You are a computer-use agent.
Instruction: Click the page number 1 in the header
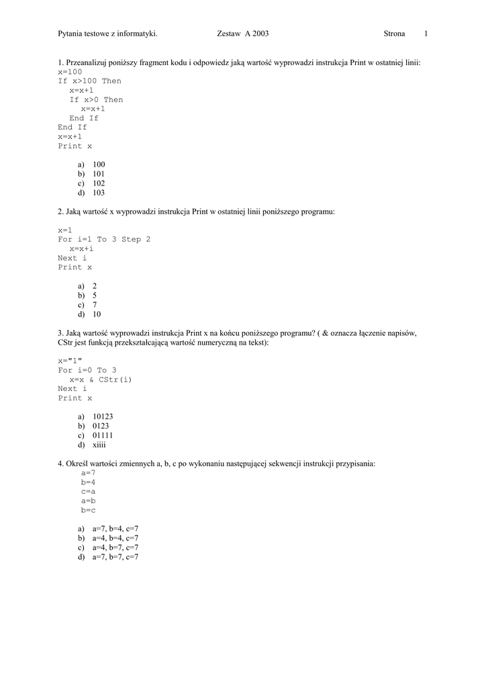[x=426, y=34]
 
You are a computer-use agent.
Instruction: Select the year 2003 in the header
[x=260, y=34]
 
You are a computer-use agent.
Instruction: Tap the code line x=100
[x=70, y=72]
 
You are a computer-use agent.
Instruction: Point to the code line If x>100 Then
[x=89, y=81]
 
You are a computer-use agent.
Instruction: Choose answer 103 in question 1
[x=99, y=193]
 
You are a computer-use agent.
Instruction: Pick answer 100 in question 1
[x=99, y=165]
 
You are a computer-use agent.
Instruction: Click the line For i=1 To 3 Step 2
[x=104, y=239]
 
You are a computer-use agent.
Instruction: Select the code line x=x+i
[x=81, y=249]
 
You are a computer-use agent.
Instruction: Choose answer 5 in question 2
[x=95, y=295]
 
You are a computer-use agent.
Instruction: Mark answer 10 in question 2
[x=97, y=314]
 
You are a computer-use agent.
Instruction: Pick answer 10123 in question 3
[x=103, y=417]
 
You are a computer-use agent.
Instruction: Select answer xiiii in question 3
[x=99, y=445]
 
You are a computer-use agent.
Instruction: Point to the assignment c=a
[x=88, y=492]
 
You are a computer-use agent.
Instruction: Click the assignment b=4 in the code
[x=88, y=482]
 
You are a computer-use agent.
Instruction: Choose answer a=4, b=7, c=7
[x=115, y=548]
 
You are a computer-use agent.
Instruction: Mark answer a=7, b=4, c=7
[x=115, y=529]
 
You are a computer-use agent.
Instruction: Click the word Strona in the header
[x=394, y=34]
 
